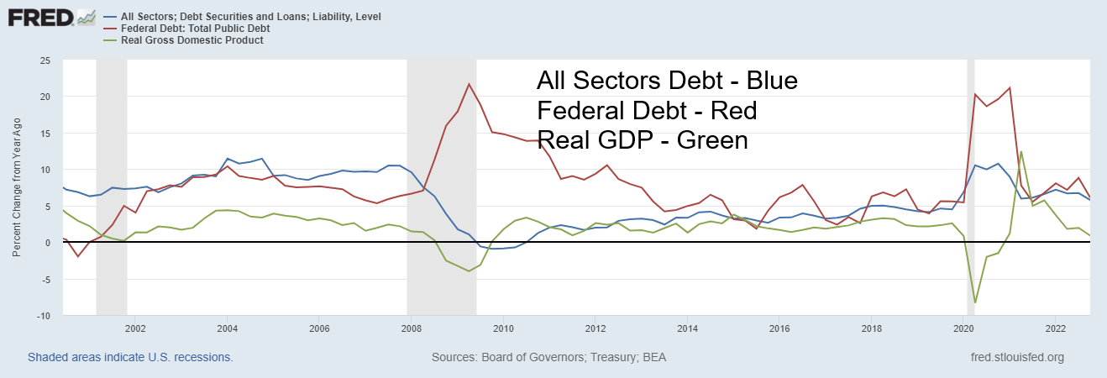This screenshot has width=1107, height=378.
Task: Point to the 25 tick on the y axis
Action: pyautogui.click(x=45, y=60)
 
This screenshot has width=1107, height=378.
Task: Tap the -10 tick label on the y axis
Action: pyautogui.click(x=43, y=315)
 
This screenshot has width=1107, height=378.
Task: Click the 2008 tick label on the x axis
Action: pyautogui.click(x=412, y=328)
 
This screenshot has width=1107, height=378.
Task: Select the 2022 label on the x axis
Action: pyautogui.click(x=1056, y=328)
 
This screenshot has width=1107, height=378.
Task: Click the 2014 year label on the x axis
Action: pyautogui.click(x=688, y=328)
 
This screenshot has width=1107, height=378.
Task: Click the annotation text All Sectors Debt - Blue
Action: pyautogui.click(x=666, y=81)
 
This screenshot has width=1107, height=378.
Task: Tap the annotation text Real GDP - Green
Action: pyautogui.click(x=642, y=139)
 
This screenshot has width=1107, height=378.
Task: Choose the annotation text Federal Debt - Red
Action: pyautogui.click(x=647, y=110)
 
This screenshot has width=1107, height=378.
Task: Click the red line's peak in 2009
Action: pyautogui.click(x=469, y=84)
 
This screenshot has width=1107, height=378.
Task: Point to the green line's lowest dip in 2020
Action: pyautogui.click(x=975, y=302)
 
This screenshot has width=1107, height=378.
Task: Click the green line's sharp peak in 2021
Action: pyautogui.click(x=1020, y=152)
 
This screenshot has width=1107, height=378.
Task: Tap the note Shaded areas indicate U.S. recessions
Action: pyautogui.click(x=130, y=357)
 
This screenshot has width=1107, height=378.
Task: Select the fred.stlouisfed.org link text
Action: pyautogui.click(x=1016, y=357)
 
